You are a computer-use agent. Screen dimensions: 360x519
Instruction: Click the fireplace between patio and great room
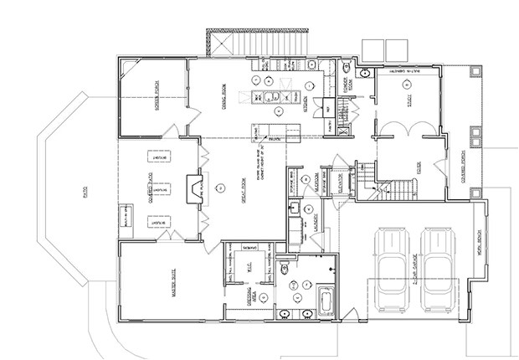(193, 185)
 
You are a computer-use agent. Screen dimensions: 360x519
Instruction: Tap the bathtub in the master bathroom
(325, 297)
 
